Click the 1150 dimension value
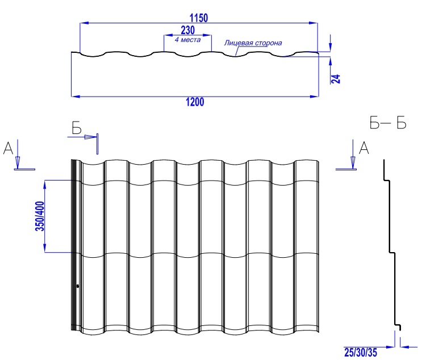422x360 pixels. pos(199,18)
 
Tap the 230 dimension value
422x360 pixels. pos(187,30)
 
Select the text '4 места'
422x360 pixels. pos(187,40)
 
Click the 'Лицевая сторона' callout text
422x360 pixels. pos(253,43)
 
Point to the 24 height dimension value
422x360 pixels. pos(336,79)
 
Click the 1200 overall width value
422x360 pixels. pos(195,102)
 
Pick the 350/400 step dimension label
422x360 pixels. pos(40,216)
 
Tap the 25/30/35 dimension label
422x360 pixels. pos(361,352)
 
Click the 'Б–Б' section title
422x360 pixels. pos(388,123)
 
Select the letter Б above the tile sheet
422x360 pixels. pos(77,128)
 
